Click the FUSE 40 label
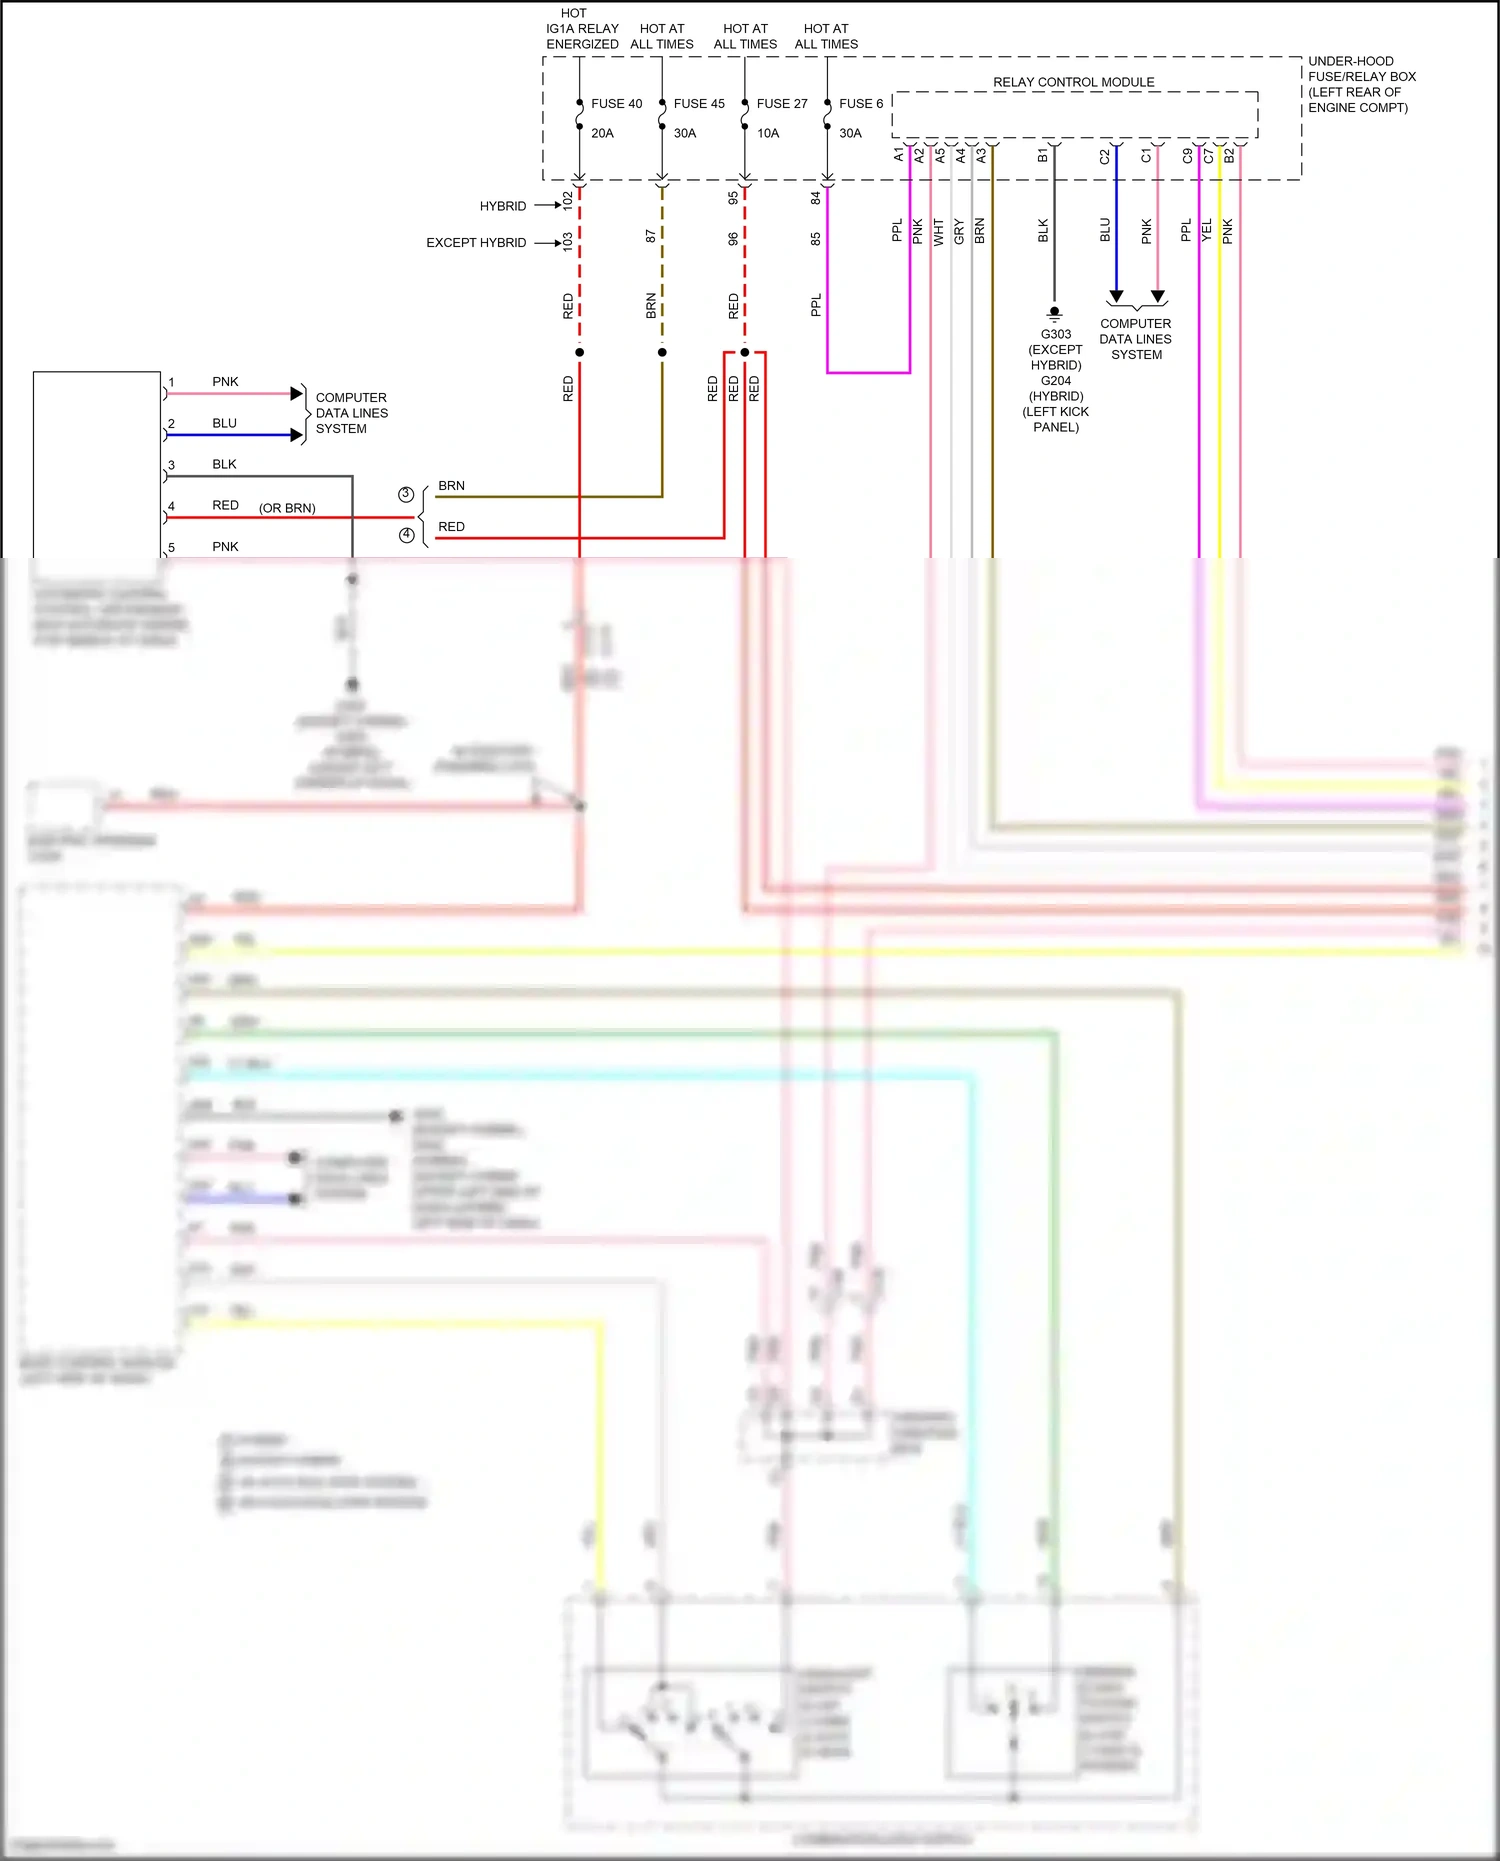point(616,104)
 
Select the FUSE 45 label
point(699,104)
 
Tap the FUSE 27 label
point(782,104)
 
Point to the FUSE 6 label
point(861,104)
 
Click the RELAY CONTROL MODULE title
point(1073,82)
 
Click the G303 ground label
point(1055,334)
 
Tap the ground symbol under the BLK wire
point(1054,312)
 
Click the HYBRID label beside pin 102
point(502,206)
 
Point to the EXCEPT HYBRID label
point(476,243)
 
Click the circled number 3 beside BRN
point(406,494)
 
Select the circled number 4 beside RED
point(406,535)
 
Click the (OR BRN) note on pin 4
point(287,508)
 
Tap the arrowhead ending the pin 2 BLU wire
point(296,435)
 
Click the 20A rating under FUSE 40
point(602,133)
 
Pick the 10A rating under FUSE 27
point(768,133)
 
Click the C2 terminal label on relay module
point(1104,157)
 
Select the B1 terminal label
point(1042,156)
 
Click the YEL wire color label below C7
point(1207,230)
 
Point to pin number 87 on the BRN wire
point(651,236)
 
